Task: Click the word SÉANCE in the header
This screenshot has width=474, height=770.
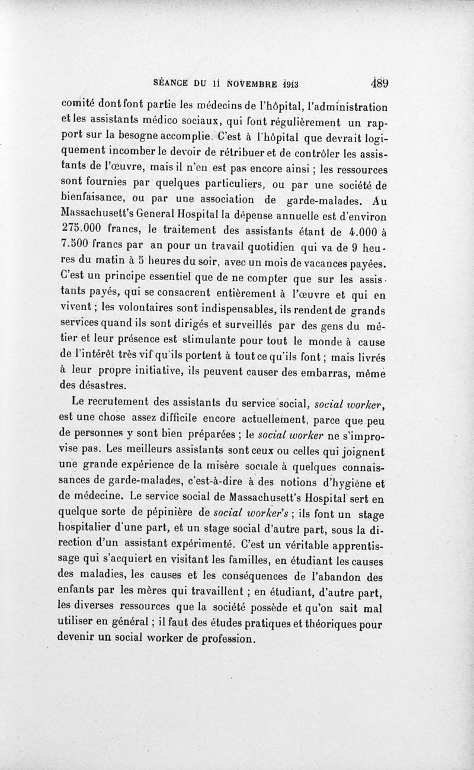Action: [x=172, y=83]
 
